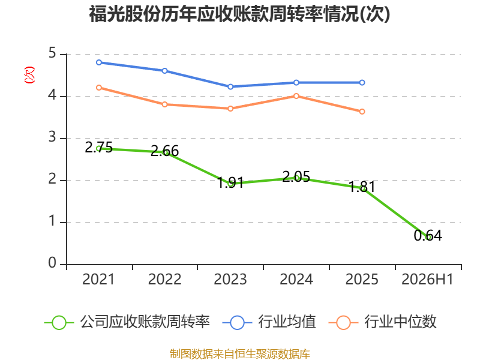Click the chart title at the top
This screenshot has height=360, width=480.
click(x=239, y=14)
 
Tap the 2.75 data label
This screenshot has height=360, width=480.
click(x=98, y=147)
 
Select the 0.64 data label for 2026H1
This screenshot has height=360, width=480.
click(x=428, y=235)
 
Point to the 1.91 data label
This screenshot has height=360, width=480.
click(x=230, y=182)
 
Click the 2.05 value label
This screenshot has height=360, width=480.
click(x=296, y=176)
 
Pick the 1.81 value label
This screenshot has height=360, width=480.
click(x=362, y=187)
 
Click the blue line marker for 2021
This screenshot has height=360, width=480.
click(x=99, y=62)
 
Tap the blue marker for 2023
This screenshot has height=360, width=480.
click(x=230, y=87)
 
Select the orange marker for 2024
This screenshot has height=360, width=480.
click(x=296, y=96)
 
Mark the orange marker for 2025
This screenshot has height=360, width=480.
click(x=362, y=112)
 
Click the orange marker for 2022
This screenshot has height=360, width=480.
click(x=164, y=104)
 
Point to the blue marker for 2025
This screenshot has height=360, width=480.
click(x=362, y=83)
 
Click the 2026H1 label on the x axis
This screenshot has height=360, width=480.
click(x=427, y=280)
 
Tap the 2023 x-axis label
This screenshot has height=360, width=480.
click(x=230, y=280)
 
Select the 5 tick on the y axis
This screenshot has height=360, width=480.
click(x=52, y=53)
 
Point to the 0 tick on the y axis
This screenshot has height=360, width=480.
click(x=52, y=263)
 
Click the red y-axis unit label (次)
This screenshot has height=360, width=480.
click(x=29, y=75)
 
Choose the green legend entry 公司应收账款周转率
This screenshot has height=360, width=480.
click(x=127, y=322)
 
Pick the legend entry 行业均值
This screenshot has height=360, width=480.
click(x=269, y=322)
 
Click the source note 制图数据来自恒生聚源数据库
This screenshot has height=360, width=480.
click(x=240, y=354)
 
